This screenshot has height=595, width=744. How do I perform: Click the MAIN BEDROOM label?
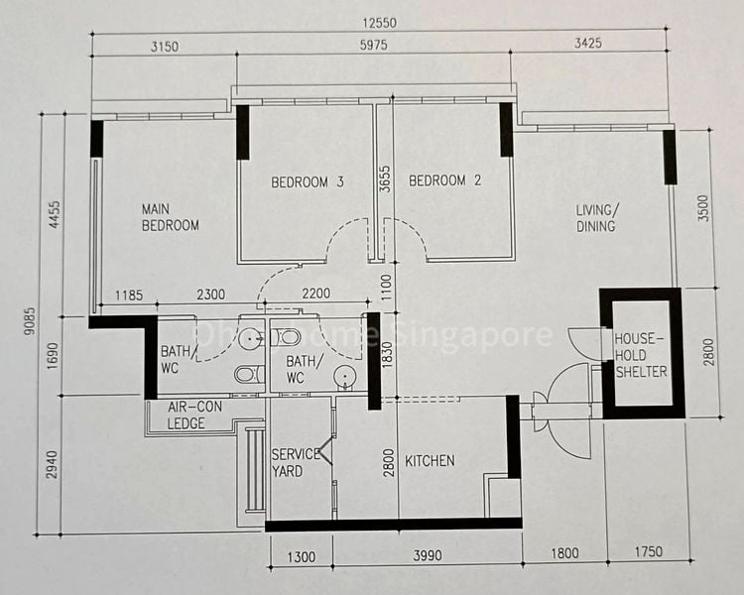click(170, 217)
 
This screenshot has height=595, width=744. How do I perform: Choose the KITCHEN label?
click(430, 461)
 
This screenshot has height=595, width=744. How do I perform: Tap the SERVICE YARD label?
click(296, 462)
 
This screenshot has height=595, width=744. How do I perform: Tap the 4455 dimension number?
click(55, 216)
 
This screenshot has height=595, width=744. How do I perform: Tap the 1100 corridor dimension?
click(386, 290)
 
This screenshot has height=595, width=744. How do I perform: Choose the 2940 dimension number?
click(55, 462)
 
